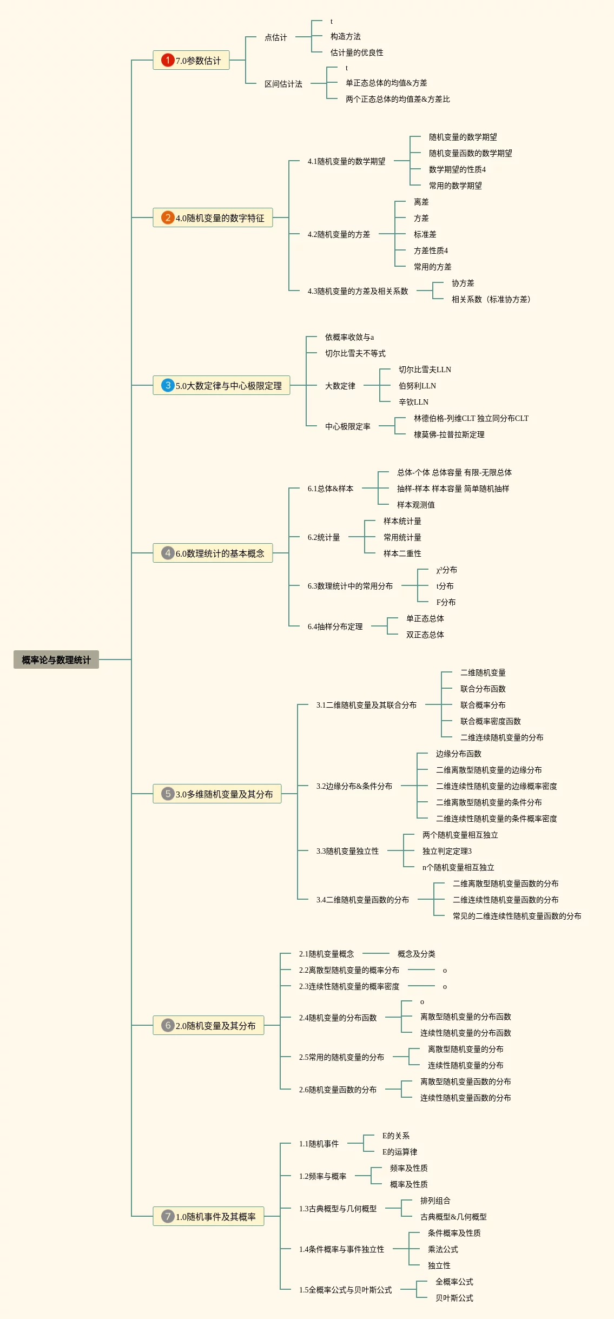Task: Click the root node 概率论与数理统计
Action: click(x=56, y=659)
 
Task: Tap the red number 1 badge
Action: click(x=168, y=60)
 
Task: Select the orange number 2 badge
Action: click(x=168, y=217)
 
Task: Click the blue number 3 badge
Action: click(x=168, y=385)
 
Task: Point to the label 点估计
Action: click(x=275, y=37)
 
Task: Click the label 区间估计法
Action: click(x=283, y=84)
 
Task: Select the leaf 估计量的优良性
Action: click(x=356, y=52)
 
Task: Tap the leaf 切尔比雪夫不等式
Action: click(x=355, y=353)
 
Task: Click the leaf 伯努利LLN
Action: click(x=417, y=386)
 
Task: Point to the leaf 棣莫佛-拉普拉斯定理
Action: click(x=449, y=434)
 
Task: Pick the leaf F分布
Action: click(x=446, y=602)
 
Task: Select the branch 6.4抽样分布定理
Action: click(x=335, y=626)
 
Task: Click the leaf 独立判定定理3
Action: click(x=447, y=851)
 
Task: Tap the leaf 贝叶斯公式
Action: click(x=454, y=1298)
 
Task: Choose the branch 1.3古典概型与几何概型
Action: click(x=338, y=1209)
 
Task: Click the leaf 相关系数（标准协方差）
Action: click(x=491, y=299)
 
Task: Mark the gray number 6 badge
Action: click(x=168, y=1025)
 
